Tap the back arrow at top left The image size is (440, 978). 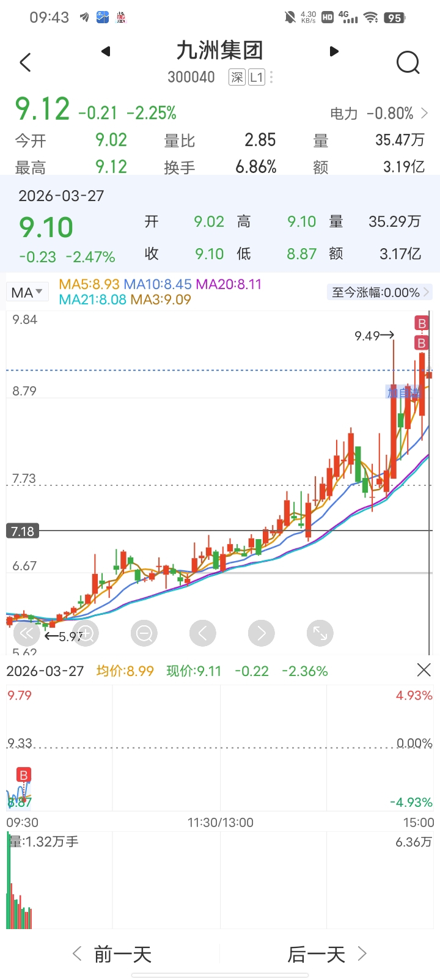(x=25, y=62)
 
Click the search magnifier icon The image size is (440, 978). (x=408, y=62)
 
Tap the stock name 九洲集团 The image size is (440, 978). (x=219, y=51)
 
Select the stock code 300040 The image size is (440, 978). (x=191, y=77)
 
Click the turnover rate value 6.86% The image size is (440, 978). (x=256, y=167)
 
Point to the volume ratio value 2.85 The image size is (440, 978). (x=260, y=140)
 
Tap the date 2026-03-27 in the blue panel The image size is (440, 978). (x=61, y=196)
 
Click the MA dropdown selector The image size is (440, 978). (x=27, y=292)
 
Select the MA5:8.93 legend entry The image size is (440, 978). (x=89, y=284)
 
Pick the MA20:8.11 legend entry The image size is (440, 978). (x=229, y=284)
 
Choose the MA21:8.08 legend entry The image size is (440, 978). (x=93, y=300)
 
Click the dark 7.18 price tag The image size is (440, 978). (x=23, y=531)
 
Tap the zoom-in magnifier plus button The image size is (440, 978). (x=86, y=633)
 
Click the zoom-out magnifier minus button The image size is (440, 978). (x=144, y=633)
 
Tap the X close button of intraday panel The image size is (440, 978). (x=424, y=670)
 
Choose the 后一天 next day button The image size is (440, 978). (x=327, y=954)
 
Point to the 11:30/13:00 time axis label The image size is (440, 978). (x=220, y=822)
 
